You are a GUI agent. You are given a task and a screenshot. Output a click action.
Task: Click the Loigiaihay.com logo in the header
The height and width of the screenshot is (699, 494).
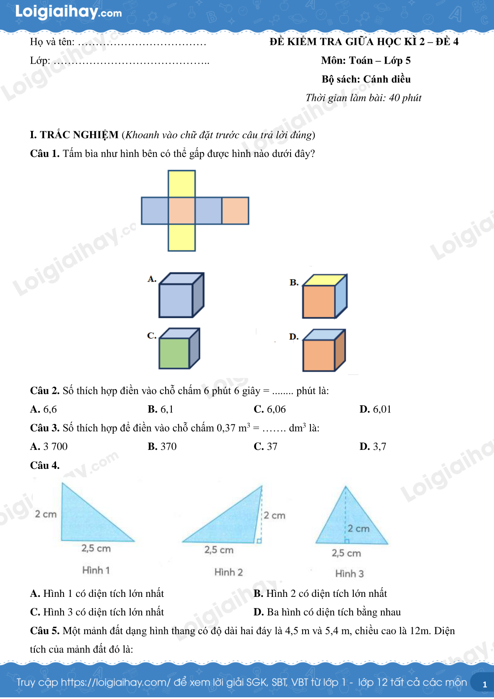[x=68, y=12]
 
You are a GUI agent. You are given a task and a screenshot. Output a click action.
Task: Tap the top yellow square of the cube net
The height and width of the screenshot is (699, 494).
[x=181, y=184]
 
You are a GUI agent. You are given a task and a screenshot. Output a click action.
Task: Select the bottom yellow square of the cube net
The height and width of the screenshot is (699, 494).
[x=181, y=238]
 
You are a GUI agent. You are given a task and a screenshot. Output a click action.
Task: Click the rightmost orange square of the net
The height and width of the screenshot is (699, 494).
[x=235, y=211]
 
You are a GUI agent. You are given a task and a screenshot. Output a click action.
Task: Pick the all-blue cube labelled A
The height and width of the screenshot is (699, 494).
[x=181, y=295]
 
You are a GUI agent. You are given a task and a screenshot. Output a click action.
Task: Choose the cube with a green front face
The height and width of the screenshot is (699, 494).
[x=179, y=348]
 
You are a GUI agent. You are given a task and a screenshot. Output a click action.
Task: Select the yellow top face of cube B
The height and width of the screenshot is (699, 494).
[x=325, y=280]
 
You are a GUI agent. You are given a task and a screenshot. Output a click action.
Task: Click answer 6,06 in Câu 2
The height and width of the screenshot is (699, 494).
[x=276, y=409]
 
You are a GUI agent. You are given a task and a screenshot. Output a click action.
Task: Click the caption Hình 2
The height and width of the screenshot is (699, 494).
[x=229, y=572]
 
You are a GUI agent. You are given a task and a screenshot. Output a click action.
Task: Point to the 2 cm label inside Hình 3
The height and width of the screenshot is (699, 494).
[x=358, y=529]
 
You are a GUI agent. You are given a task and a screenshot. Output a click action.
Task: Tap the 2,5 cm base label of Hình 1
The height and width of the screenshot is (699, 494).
[x=96, y=548]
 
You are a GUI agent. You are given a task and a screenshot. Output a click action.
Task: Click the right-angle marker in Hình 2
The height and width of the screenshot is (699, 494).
[x=259, y=541]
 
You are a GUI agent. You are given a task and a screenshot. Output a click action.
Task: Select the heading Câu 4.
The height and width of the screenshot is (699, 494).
[x=44, y=465]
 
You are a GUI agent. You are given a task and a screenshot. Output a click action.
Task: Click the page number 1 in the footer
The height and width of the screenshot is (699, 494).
[x=484, y=685]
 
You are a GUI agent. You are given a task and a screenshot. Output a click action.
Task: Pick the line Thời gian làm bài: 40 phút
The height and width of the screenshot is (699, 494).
[x=363, y=98]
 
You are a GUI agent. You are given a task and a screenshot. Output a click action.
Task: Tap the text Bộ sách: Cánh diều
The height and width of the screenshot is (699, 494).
[x=366, y=79]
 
